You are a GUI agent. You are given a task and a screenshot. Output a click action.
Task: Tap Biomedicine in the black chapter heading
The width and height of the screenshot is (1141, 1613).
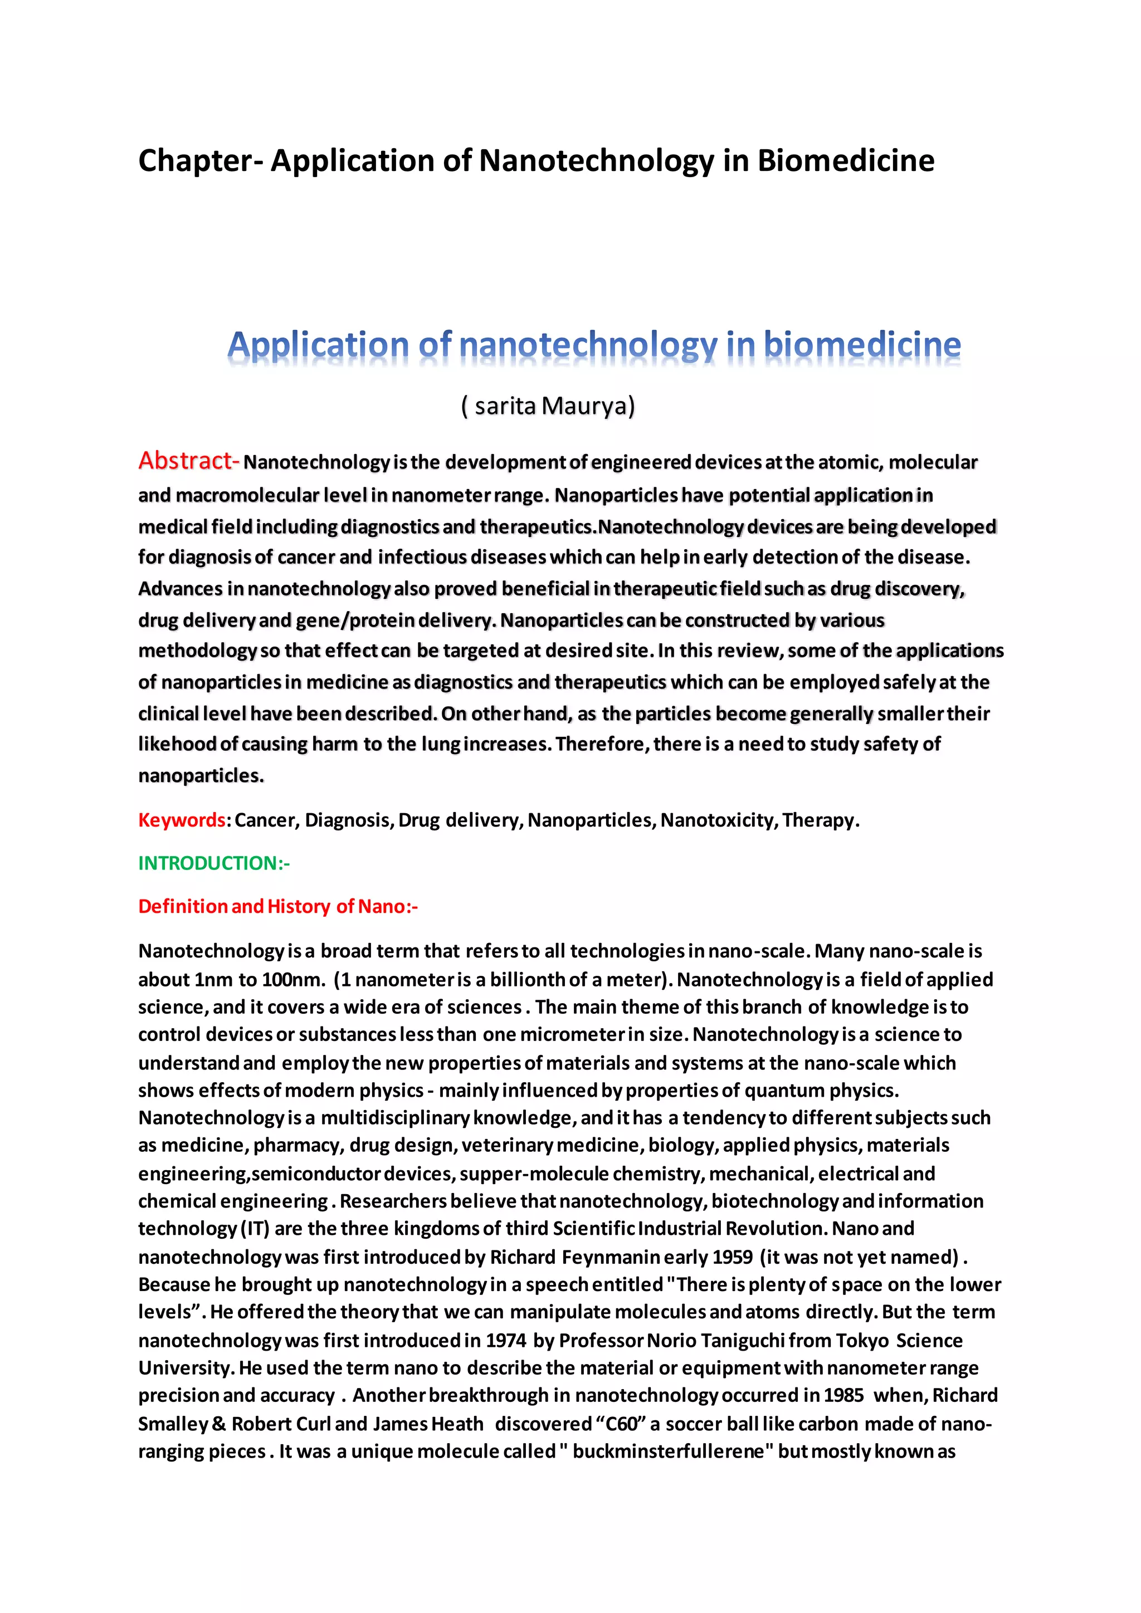click(x=845, y=161)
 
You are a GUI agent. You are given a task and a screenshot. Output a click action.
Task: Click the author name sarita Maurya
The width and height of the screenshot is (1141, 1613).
click(x=548, y=406)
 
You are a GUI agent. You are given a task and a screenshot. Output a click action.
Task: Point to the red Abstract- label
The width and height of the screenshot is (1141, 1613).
click(x=188, y=461)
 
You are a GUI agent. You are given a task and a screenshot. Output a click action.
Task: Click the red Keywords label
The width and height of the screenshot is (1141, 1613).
click(x=181, y=820)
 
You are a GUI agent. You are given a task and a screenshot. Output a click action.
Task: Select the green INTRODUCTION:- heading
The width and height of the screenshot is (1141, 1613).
click(x=213, y=863)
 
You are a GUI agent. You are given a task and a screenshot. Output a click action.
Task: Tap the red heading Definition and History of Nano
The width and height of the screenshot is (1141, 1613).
click(x=277, y=906)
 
